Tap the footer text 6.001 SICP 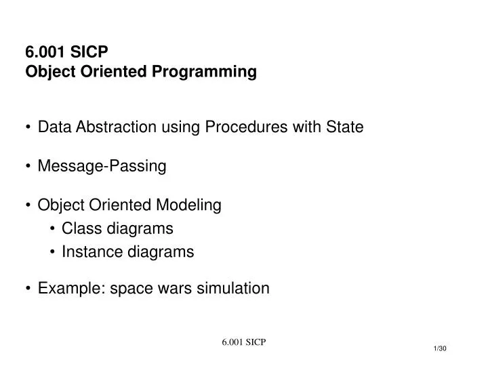pos(243,342)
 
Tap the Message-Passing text pos(102,166)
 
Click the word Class pos(80,228)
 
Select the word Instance pos(88,252)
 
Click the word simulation pos(232,289)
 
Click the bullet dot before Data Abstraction pos(28,127)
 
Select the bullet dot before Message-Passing pos(28,167)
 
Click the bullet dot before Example pos(28,289)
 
